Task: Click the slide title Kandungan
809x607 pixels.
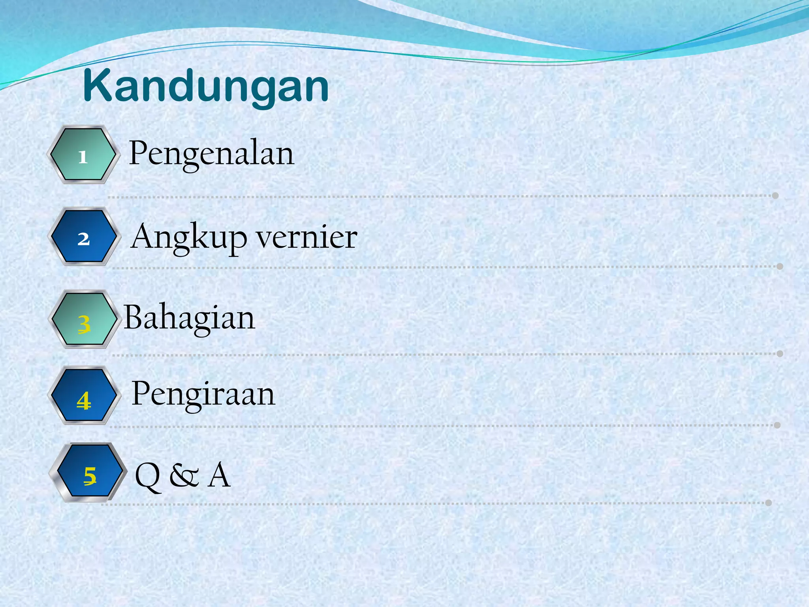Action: (206, 86)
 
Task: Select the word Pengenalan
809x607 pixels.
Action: (211, 153)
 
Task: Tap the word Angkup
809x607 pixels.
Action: (189, 237)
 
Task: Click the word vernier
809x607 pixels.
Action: (307, 237)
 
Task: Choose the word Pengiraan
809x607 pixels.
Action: (203, 394)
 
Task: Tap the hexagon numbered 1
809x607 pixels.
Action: (83, 155)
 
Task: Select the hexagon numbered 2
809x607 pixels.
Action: (84, 236)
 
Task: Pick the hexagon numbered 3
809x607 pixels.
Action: (84, 319)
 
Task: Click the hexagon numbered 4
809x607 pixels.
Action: (84, 396)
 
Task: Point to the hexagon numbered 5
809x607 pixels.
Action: (89, 472)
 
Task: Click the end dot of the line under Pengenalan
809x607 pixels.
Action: (775, 196)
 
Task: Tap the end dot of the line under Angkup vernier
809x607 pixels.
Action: (780, 266)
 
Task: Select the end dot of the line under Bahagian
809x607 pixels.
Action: (780, 353)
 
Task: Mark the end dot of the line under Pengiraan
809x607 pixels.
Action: (777, 425)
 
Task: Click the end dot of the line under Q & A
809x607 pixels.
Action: (768, 503)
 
